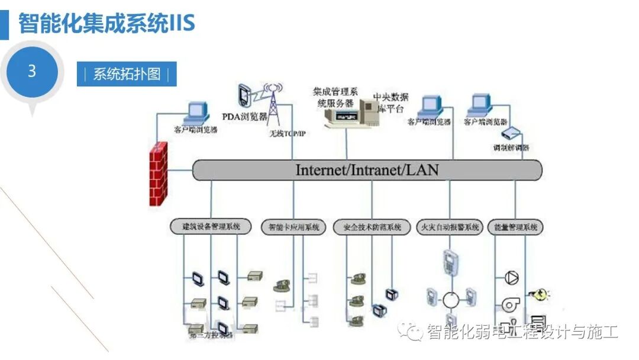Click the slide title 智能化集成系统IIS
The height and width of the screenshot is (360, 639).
coord(106,24)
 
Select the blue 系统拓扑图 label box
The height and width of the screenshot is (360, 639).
coord(127,75)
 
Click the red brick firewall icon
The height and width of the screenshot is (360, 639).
coord(158,173)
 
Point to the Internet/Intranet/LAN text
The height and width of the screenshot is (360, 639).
coord(367,170)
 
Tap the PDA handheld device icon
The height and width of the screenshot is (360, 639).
coord(243,95)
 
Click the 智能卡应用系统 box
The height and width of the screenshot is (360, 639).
coord(293,227)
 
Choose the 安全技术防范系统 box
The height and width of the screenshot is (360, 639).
coord(372,227)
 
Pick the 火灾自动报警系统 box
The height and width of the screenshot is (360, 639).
coord(450,227)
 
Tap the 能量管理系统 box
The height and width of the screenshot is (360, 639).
coord(515,227)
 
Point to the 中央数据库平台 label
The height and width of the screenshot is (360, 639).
coord(390,102)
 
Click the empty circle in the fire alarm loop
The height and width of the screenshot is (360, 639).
coord(451,300)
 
